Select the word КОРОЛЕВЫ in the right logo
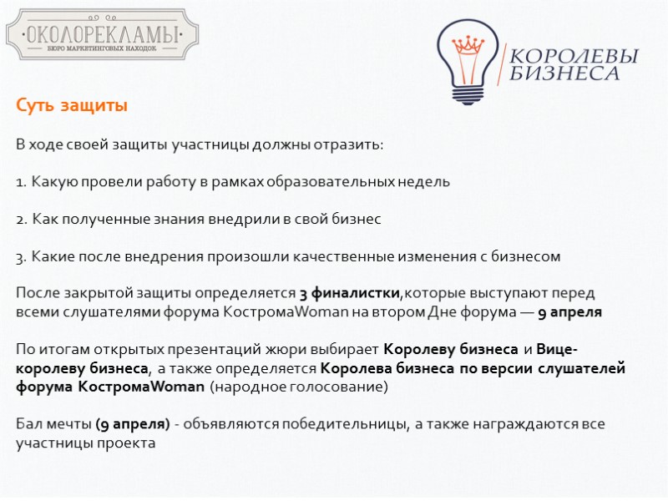pos(573,57)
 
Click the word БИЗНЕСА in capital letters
pos(564,74)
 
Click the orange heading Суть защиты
pos(72,107)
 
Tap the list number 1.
pos(21,182)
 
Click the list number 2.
pos(21,220)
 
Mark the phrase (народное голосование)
pos(299,387)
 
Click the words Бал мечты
pos(53,424)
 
